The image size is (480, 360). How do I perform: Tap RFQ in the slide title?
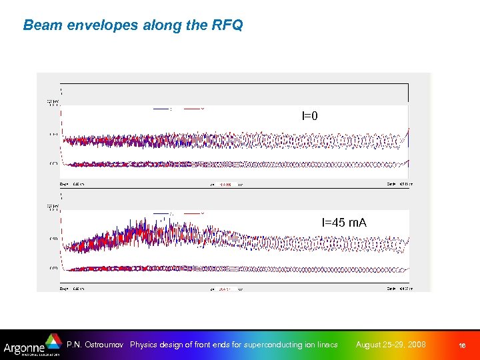pos(228,25)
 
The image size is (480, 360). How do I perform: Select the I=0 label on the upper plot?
pos(310,116)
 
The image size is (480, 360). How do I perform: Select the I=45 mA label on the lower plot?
pos(344,222)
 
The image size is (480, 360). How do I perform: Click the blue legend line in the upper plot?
pos(161,109)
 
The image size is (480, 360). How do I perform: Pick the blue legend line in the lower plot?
pos(161,213)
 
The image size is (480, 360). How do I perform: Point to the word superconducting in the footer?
pos(266,345)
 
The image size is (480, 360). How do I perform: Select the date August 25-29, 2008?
pos(391,345)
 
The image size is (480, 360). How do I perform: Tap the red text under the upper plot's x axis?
pos(225,185)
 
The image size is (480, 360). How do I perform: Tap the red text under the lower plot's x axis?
pos(225,289)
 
